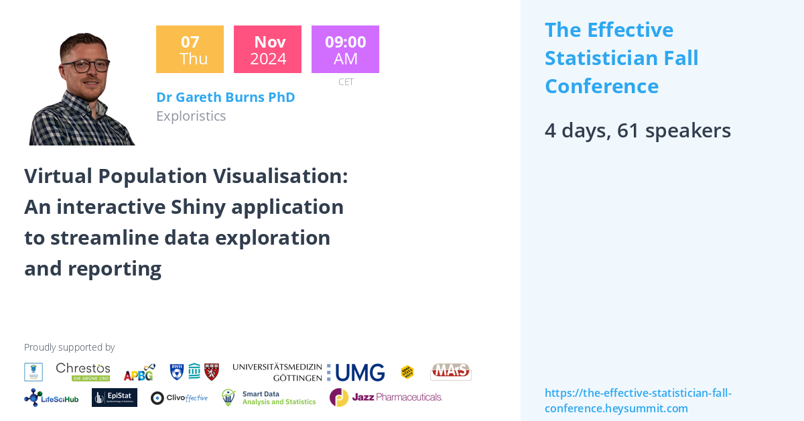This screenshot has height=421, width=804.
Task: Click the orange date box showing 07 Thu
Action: pos(190,49)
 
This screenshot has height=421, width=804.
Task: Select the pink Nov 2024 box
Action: pos(267,49)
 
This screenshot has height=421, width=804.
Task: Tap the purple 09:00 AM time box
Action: pos(345,49)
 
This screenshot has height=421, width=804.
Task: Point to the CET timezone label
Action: pos(346,82)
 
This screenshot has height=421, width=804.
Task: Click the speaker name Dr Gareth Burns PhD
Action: pos(225,97)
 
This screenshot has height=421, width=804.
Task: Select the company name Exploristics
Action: pos(191,116)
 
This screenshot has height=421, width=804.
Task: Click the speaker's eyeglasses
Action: pos(86,66)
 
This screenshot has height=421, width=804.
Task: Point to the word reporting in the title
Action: pos(115,268)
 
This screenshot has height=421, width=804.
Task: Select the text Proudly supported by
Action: pos(69,347)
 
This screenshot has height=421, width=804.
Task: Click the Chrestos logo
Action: pos(83,371)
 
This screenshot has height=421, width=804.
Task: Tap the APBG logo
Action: pos(139,372)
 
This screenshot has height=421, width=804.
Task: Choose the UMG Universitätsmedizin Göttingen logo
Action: pos(308,372)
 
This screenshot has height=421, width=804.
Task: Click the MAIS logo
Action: pos(450,371)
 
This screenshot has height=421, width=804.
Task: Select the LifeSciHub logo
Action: pos(52,398)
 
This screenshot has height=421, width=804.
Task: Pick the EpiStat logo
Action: pos(115,398)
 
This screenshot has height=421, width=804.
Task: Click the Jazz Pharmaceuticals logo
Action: pos(386,397)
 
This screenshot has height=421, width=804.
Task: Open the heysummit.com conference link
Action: pos(638,400)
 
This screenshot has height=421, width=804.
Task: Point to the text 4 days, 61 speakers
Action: pos(637,130)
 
